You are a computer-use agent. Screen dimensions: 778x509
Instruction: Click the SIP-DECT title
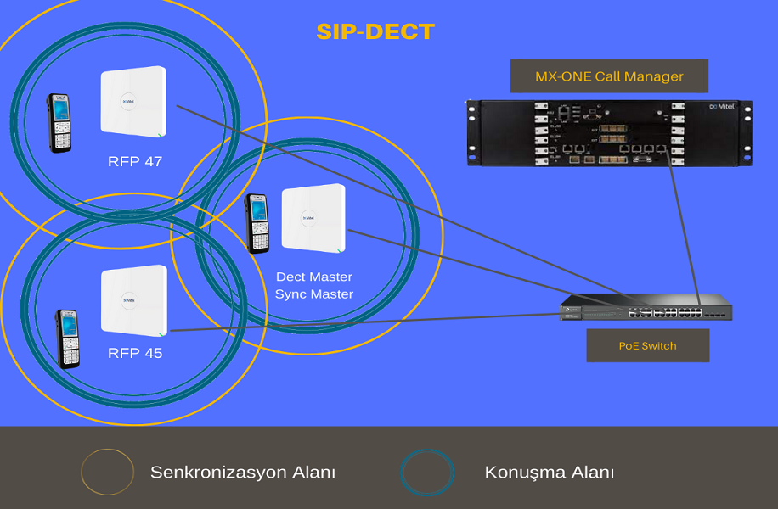click(375, 32)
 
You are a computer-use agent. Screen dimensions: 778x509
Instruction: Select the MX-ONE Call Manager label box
click(609, 76)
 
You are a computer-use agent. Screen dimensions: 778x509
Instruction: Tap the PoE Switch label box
click(647, 345)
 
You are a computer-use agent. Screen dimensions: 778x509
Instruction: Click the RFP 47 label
click(135, 161)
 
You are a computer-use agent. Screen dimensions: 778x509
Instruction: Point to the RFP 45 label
click(135, 353)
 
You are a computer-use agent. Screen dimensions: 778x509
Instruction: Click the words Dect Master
click(314, 277)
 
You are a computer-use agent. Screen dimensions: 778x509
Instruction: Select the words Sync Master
click(314, 294)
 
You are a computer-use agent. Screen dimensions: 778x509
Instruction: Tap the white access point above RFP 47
click(133, 102)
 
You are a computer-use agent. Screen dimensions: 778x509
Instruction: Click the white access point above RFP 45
click(134, 300)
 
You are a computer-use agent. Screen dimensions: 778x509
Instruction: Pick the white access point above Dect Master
click(313, 218)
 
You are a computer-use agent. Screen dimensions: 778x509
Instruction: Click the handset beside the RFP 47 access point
click(59, 123)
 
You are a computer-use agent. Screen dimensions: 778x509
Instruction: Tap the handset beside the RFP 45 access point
click(67, 339)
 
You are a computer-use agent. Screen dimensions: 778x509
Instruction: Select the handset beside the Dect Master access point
click(257, 223)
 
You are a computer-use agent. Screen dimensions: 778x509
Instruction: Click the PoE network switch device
click(646, 307)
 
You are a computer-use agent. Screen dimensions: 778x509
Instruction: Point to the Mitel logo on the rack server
click(721, 107)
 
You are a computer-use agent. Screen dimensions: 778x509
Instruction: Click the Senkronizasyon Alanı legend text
click(243, 473)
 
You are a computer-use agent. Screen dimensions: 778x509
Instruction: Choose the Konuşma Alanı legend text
click(550, 473)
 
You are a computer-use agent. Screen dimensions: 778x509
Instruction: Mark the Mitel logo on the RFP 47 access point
click(128, 102)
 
